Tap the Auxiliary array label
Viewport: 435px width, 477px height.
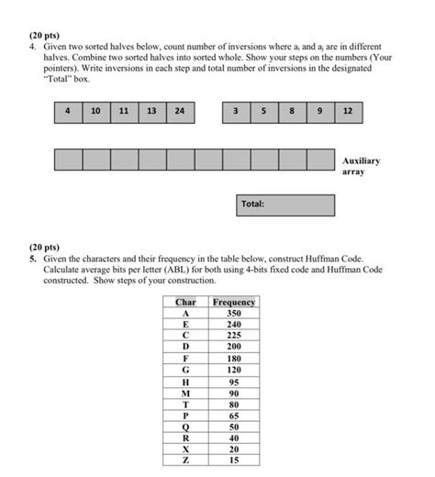[x=362, y=165]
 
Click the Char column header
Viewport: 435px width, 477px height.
[x=185, y=302]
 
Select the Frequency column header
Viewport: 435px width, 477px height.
[x=233, y=302]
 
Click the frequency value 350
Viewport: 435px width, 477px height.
[x=233, y=313]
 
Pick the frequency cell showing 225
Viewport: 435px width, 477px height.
[x=233, y=336]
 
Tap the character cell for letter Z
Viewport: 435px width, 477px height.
[x=185, y=460]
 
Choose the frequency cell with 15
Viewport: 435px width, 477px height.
[x=233, y=460]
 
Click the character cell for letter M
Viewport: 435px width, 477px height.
[x=185, y=393]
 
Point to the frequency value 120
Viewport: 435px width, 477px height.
[x=233, y=370]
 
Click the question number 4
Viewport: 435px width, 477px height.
[x=31, y=45]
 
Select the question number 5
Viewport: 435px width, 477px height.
[x=31, y=260]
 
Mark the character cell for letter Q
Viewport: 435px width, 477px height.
[x=185, y=427]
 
